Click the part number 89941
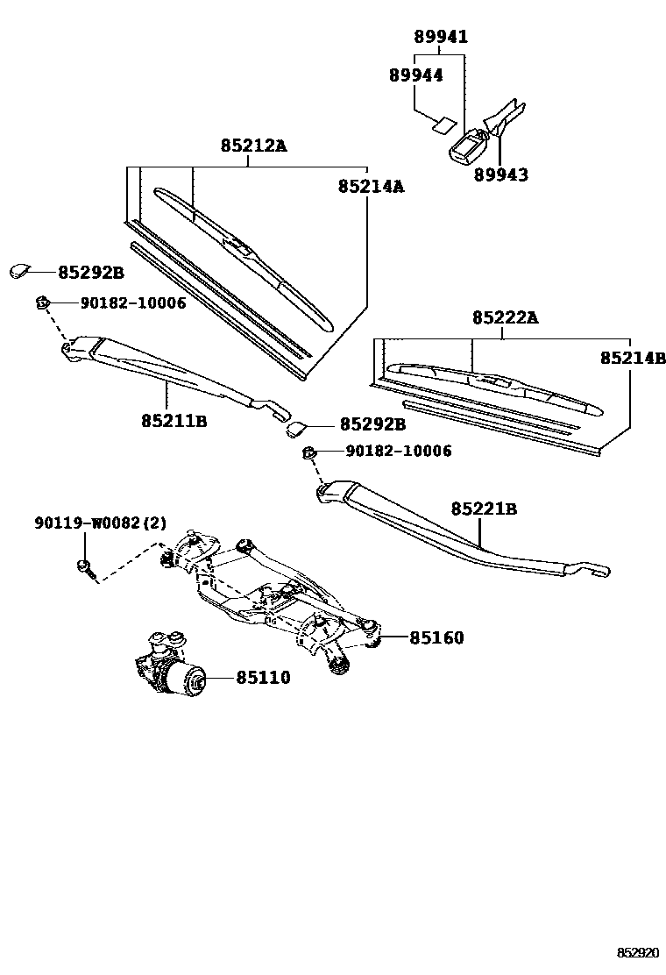click(441, 37)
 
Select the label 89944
click(416, 75)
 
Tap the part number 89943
click(501, 174)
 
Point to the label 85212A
click(253, 146)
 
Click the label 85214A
click(372, 186)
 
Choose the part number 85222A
click(506, 318)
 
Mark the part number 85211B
click(174, 420)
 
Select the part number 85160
click(436, 637)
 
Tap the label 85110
click(262, 677)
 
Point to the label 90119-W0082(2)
click(100, 523)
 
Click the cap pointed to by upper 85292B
click(19, 271)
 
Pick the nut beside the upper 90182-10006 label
click(40, 302)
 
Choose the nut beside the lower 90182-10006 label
click(309, 452)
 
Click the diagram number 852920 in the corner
click(637, 951)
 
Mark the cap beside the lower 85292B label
click(295, 428)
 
